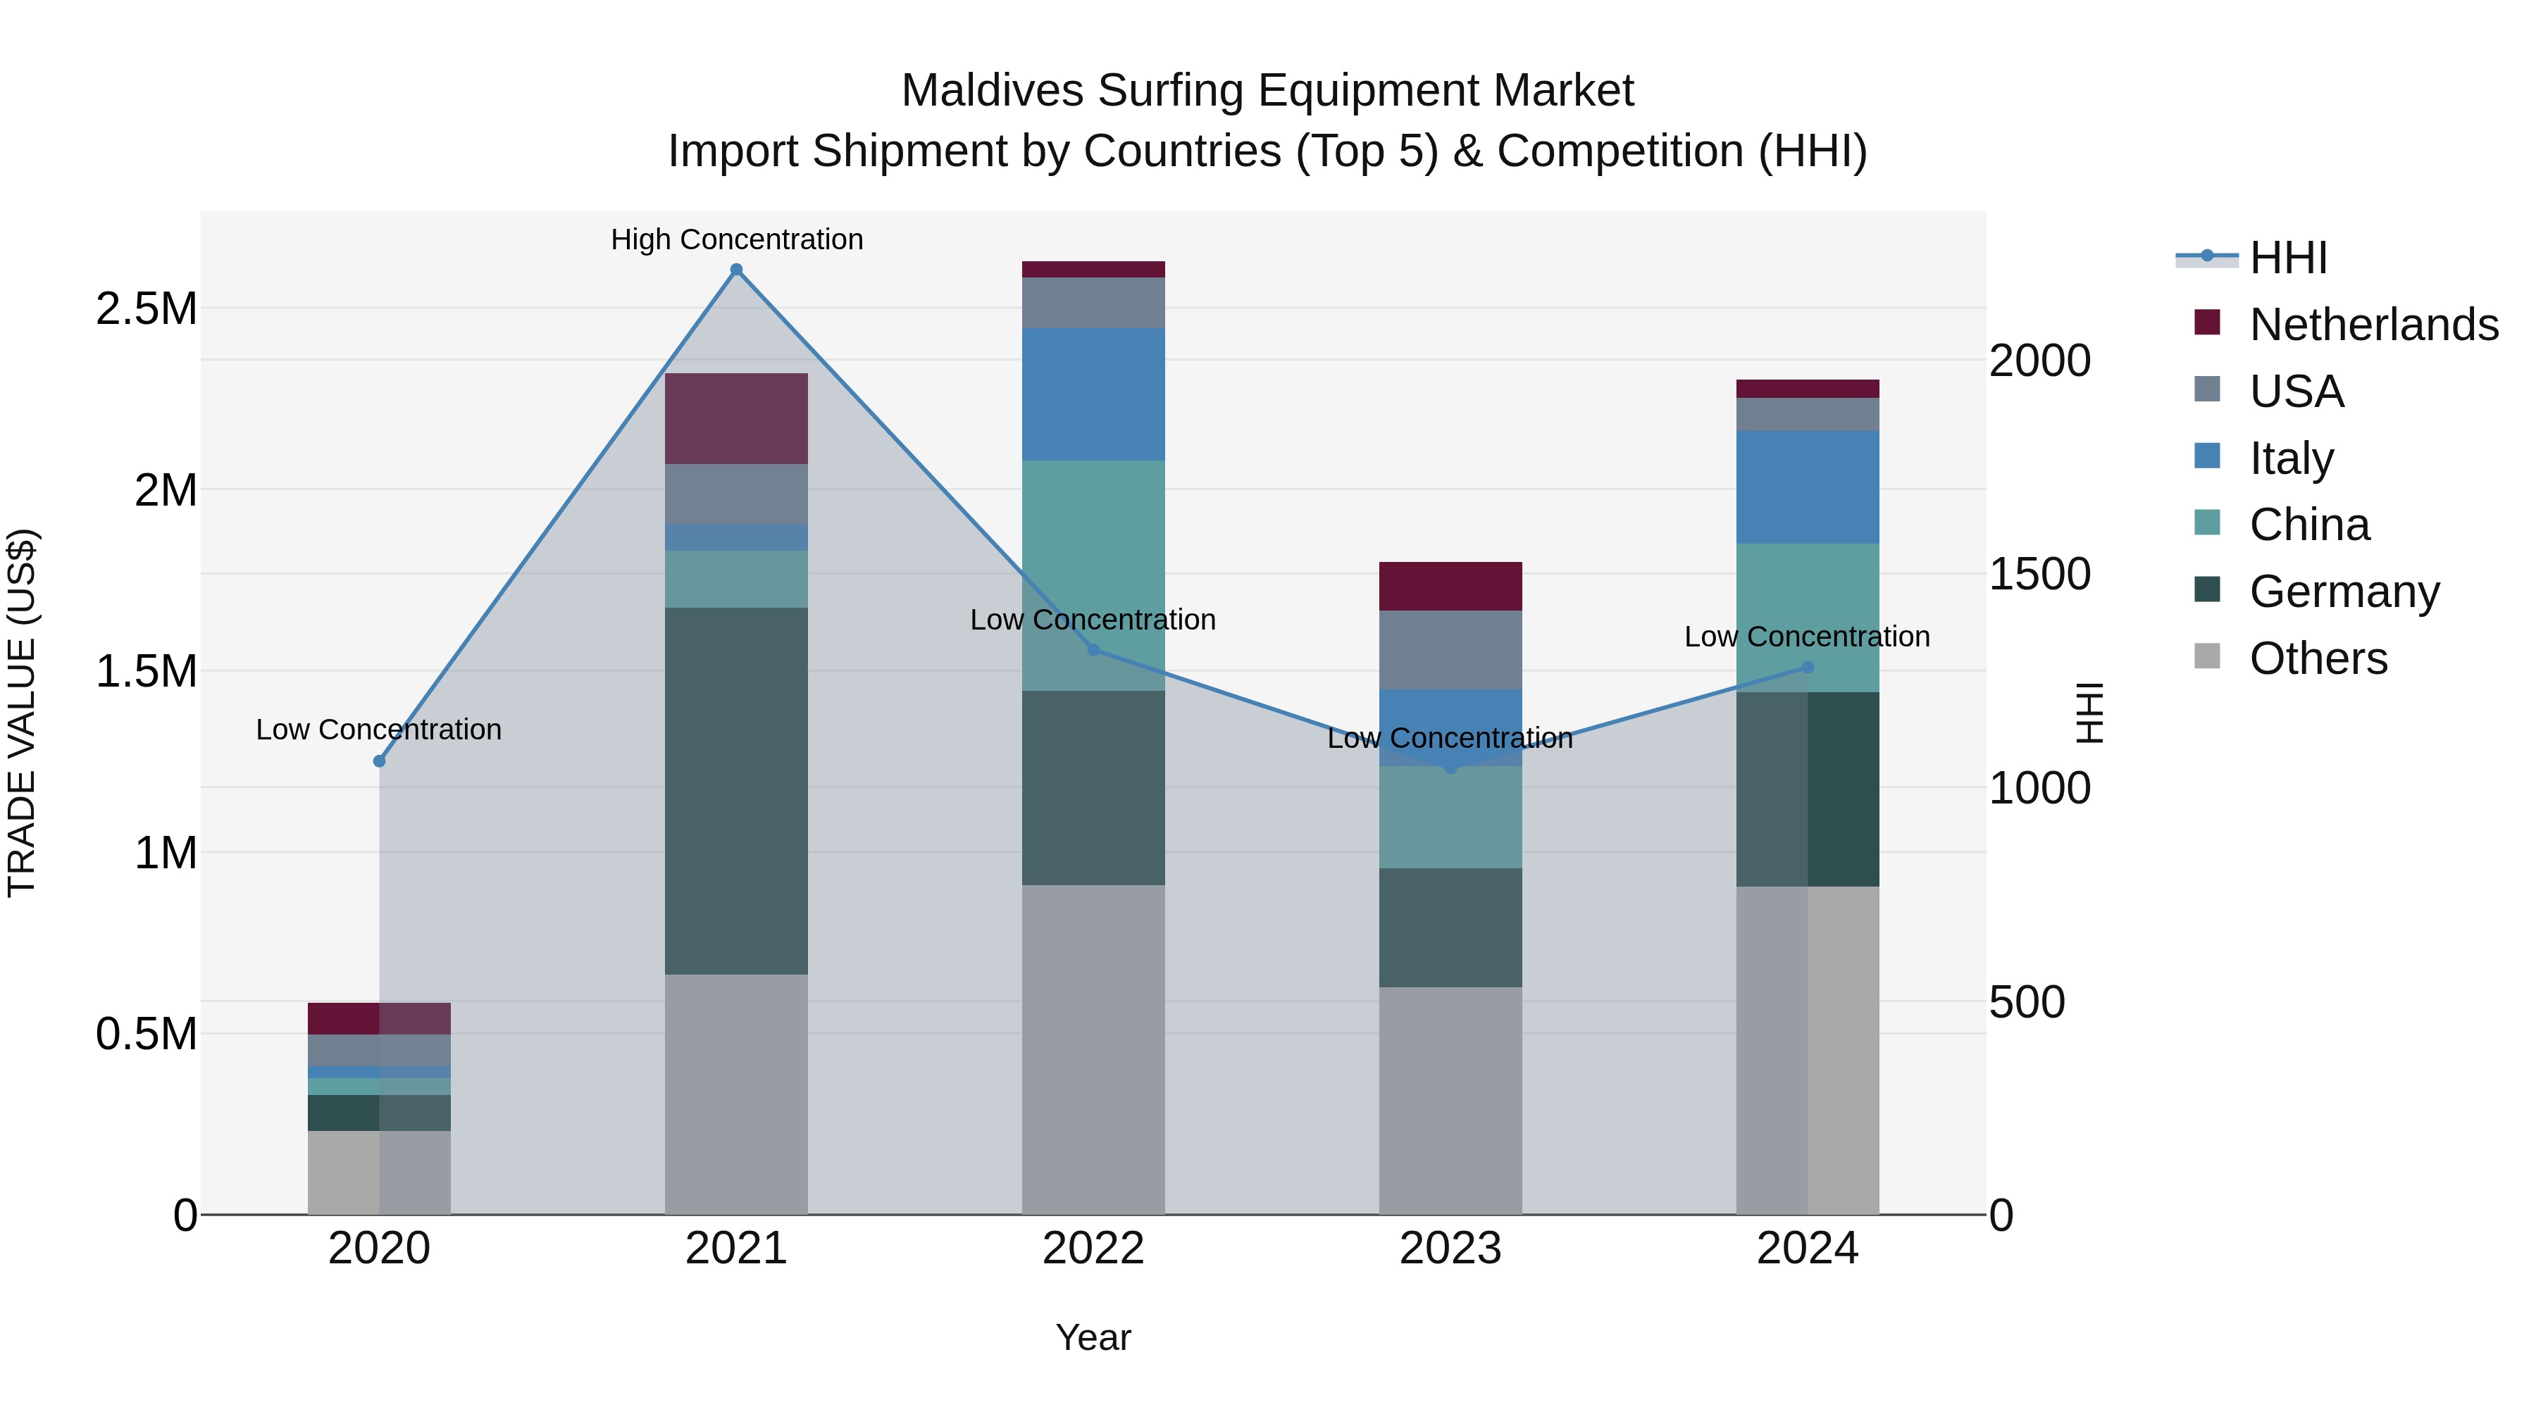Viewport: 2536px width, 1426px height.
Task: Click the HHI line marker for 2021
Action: (x=736, y=270)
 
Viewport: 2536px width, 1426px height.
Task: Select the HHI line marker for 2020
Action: (x=379, y=761)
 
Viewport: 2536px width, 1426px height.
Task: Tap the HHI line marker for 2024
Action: (x=1808, y=668)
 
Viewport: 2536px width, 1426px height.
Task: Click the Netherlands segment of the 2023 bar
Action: (x=1450, y=587)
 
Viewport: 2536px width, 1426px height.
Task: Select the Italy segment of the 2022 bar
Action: (x=1093, y=394)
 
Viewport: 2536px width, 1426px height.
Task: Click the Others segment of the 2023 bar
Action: (x=1450, y=1100)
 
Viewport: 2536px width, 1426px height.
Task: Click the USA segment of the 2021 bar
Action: (x=736, y=494)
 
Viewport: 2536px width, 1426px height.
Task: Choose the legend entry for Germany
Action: (x=2343, y=592)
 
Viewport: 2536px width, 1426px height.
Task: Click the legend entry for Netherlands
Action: (x=2373, y=325)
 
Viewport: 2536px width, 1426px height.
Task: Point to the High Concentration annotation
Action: (x=736, y=239)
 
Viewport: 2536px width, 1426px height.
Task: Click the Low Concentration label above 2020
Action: (x=379, y=730)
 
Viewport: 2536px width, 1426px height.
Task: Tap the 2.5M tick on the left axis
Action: (x=146, y=309)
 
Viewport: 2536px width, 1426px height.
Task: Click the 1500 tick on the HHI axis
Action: (x=2039, y=574)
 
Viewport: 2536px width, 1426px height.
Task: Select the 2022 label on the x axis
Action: (x=1093, y=1249)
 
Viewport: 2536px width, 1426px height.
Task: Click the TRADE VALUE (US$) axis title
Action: (x=22, y=713)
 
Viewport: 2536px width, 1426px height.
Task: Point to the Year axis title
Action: (x=1093, y=1337)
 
